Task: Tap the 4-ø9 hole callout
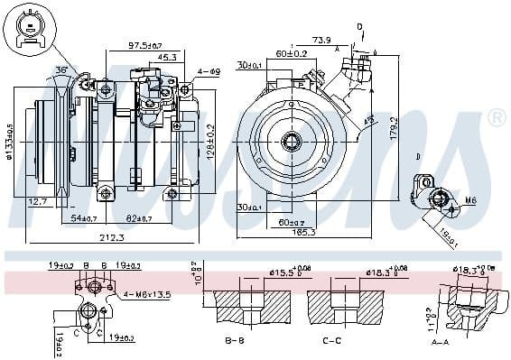point(209,71)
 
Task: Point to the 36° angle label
point(61,70)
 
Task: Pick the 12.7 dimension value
point(38,201)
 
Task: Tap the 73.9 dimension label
point(321,41)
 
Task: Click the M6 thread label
point(469,199)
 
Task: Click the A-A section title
point(440,342)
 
